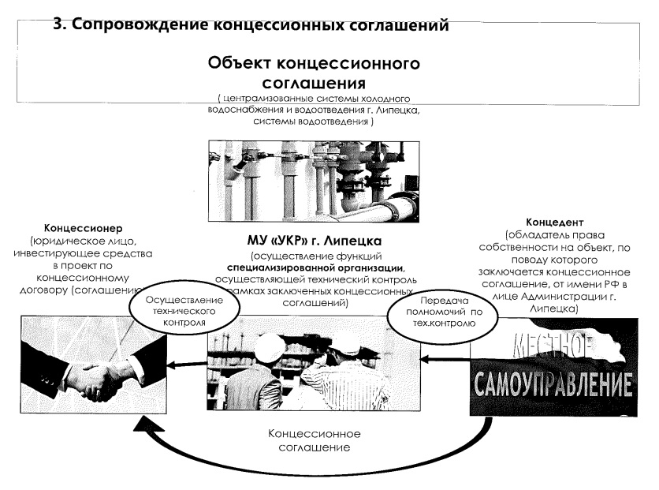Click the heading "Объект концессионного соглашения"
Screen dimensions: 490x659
pyautogui.click(x=314, y=72)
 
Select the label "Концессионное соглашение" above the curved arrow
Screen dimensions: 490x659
pyautogui.click(x=315, y=440)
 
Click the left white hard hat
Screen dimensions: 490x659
pyautogui.click(x=271, y=346)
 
